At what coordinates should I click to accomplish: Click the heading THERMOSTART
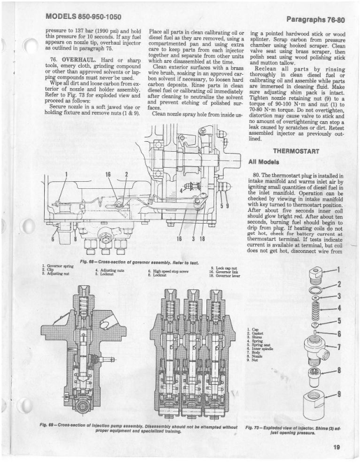point(299,150)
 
